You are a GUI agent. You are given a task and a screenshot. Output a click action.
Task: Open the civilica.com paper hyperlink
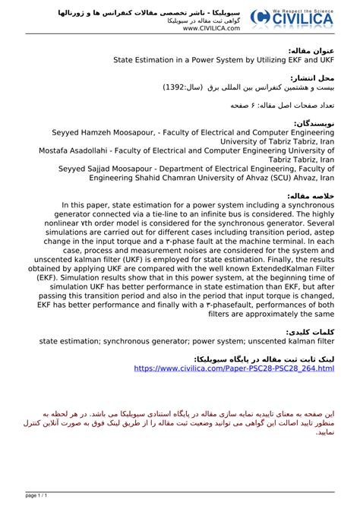click(234, 368)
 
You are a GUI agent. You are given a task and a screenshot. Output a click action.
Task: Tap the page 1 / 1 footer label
click(37, 495)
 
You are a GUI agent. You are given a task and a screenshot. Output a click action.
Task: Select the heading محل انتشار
click(314, 77)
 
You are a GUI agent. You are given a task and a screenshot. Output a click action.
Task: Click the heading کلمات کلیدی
click(311, 333)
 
